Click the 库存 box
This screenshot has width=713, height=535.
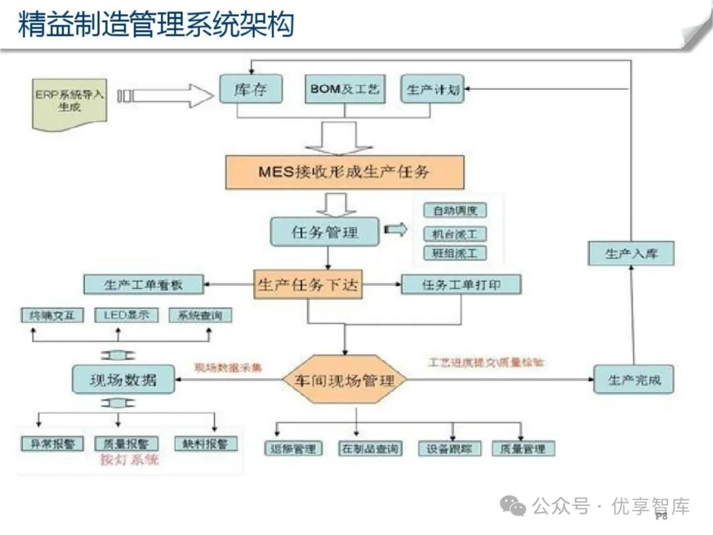[x=250, y=89]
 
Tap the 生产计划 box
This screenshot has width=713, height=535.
[x=432, y=90]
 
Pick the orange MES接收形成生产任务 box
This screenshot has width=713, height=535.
[x=345, y=172]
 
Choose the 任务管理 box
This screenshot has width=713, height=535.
[x=325, y=232]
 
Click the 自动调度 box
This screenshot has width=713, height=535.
[x=455, y=211]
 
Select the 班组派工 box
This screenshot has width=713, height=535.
[x=455, y=253]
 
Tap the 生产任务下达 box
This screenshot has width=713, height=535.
[x=309, y=285]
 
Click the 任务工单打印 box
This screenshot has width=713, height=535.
[x=461, y=285]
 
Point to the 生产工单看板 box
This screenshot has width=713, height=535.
[x=143, y=285]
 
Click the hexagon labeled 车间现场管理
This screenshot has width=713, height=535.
[x=344, y=380]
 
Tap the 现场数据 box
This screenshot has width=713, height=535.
[x=123, y=379]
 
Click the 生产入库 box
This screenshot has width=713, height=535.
[x=631, y=253]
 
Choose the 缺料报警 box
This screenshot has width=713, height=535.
[x=205, y=444]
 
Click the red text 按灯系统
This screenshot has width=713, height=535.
[x=129, y=460]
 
